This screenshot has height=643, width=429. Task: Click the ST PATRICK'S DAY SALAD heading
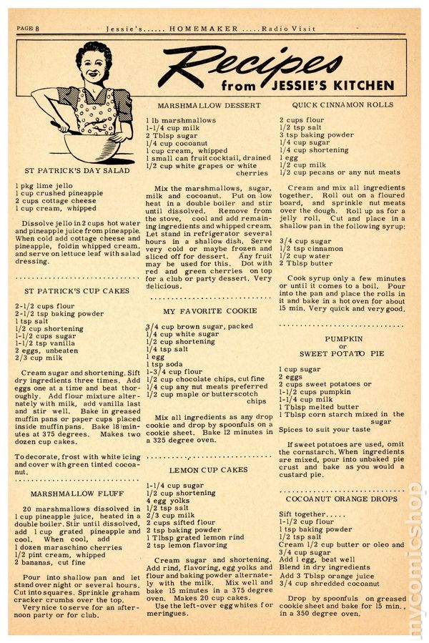pos(77,171)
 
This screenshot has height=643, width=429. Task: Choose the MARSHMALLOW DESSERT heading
pos(203,104)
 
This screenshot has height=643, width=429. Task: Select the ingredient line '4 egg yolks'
pos(169,501)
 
